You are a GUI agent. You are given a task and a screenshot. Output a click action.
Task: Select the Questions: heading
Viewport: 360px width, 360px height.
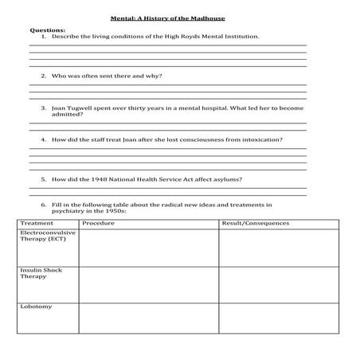point(47,29)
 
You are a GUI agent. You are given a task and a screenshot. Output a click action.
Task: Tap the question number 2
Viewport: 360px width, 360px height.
point(43,76)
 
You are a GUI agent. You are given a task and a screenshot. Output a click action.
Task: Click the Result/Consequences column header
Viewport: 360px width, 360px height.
point(252,223)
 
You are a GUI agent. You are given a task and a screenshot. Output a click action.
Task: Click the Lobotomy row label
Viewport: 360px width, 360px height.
point(35,307)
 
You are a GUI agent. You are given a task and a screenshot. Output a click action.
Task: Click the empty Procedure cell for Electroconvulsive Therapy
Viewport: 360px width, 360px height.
point(148,248)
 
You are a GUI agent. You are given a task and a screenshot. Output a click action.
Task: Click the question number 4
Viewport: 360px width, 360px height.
point(43,139)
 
